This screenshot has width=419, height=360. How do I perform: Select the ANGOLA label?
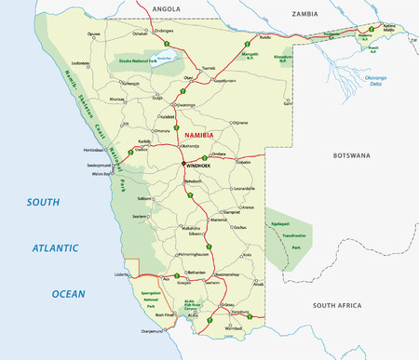[165, 7]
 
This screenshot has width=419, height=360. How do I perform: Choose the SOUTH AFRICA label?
[341, 305]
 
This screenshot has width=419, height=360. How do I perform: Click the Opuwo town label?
[94, 34]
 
